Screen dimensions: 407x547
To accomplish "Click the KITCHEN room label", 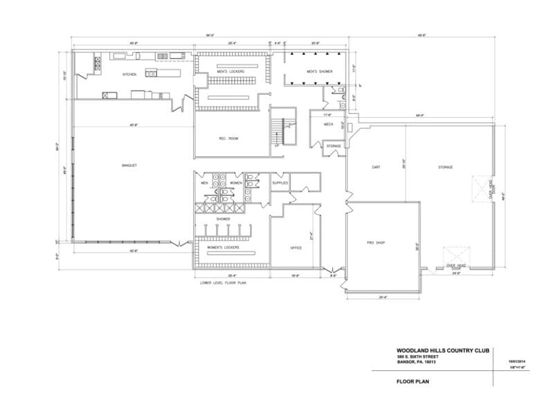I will tap(130, 74).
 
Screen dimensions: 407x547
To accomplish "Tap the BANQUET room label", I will tap(128, 165).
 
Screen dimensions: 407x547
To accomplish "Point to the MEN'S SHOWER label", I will tap(320, 71).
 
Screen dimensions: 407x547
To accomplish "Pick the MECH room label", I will tap(329, 125).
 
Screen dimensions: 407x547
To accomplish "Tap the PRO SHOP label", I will tap(375, 243).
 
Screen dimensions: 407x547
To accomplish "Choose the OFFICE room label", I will tap(296, 247).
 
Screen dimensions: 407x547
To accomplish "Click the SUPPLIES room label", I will tap(280, 183).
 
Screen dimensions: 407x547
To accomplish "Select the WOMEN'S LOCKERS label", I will tap(223, 247).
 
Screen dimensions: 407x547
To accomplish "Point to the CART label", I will tap(376, 168).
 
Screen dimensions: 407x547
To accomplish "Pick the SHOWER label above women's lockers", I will tap(223, 219).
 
